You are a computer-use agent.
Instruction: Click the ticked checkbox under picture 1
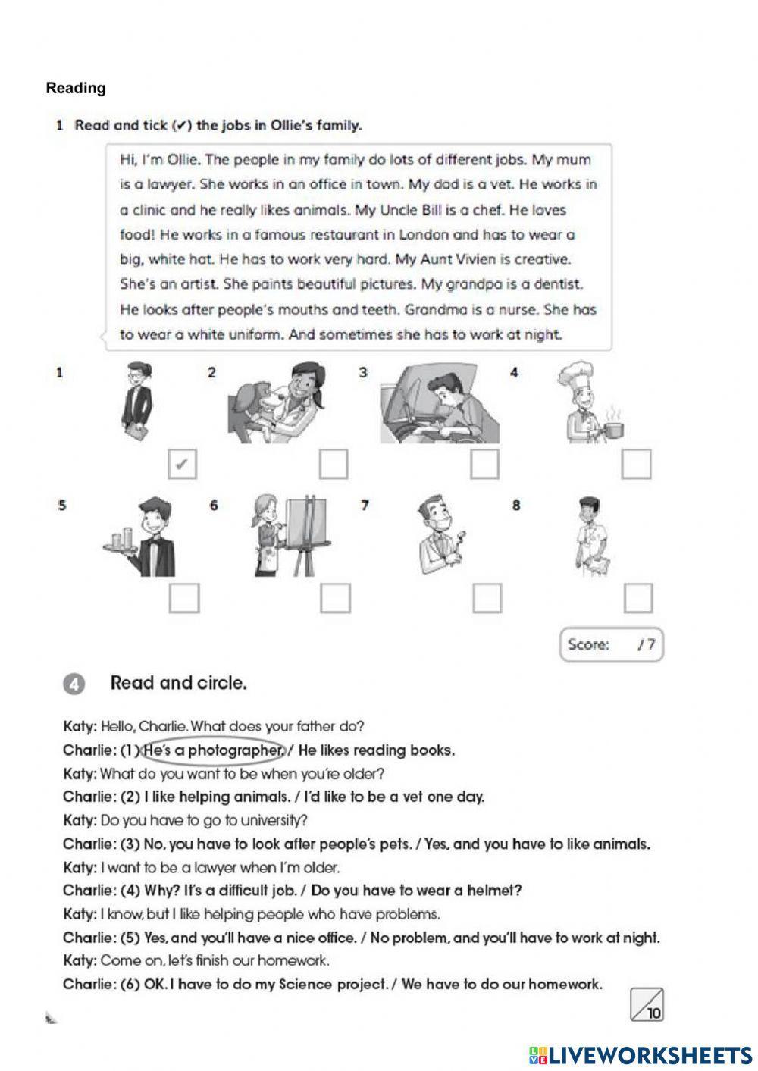182,465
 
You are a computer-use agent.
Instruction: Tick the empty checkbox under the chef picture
636,464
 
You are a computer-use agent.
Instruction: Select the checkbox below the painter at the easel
335,598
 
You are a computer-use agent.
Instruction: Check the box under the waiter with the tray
184,598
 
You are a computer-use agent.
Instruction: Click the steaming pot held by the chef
612,429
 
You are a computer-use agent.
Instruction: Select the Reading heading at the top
76,88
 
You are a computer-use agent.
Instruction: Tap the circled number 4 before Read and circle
74,684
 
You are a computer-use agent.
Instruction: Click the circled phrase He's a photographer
213,750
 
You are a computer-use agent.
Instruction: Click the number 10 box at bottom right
647,1005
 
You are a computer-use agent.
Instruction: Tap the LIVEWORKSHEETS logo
641,1054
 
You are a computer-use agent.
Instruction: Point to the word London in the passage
424,234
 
